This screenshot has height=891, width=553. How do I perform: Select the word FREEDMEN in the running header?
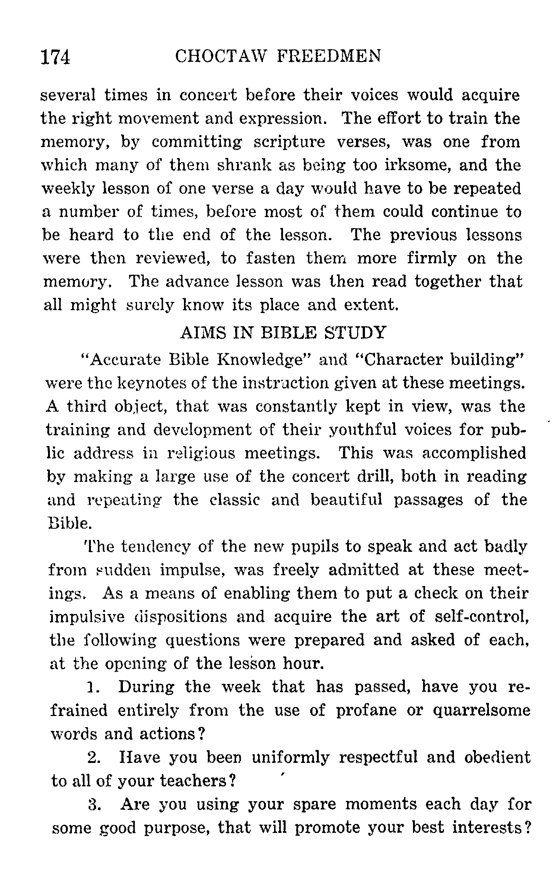tap(329, 57)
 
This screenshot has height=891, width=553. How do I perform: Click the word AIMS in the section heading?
tap(202, 332)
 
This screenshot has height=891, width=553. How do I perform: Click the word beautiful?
tap(346, 500)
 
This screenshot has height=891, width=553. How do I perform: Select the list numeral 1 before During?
tap(92, 687)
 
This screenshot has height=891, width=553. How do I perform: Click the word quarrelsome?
tap(482, 711)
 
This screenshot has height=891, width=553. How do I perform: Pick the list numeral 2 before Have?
tap(92, 758)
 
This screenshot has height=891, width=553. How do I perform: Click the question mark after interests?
tap(527, 828)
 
